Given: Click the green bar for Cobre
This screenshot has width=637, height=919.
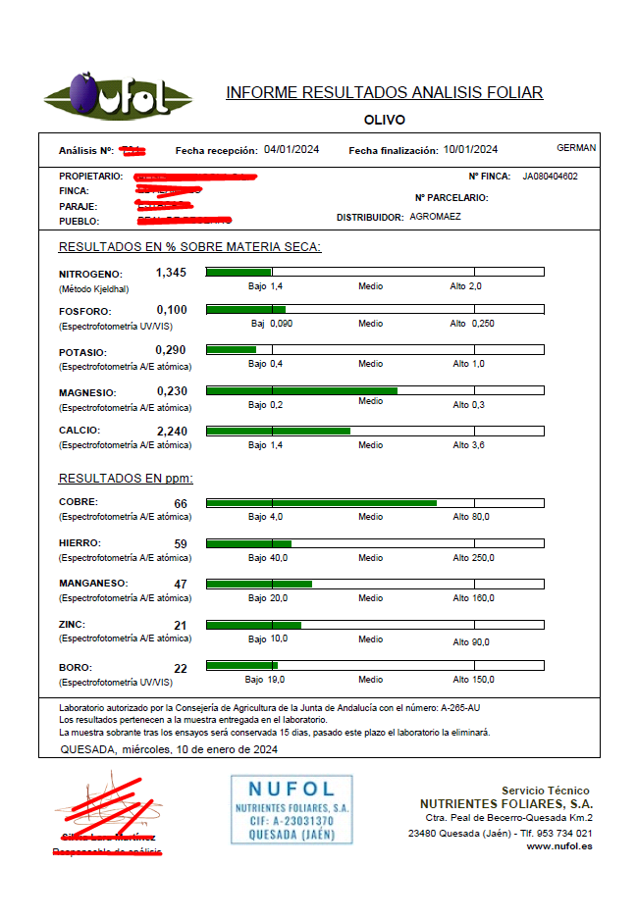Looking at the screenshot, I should click(321, 503).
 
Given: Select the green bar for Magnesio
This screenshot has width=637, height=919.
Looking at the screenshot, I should click(301, 390).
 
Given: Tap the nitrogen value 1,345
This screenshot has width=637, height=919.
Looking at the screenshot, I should click(171, 272).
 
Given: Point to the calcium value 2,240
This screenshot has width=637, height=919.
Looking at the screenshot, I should click(172, 431).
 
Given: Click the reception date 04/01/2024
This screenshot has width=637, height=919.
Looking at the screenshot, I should click(292, 150).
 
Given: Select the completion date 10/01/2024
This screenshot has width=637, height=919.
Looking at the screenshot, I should click(470, 150).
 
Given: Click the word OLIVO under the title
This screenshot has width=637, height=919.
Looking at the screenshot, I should click(384, 120).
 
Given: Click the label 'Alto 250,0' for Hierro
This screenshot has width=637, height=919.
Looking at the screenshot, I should click(473, 558).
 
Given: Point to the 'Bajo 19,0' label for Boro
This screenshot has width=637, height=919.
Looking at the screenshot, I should click(265, 679).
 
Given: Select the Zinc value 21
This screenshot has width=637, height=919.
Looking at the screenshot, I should click(181, 626).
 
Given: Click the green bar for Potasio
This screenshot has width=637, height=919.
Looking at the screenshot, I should click(231, 349).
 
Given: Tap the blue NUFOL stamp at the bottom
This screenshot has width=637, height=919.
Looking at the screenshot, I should click(292, 809).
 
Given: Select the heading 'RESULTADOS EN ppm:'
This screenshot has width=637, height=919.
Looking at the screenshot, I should click(126, 479).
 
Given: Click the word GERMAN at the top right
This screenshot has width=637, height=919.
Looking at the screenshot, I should click(575, 148).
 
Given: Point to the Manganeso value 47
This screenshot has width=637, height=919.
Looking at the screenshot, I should click(181, 585).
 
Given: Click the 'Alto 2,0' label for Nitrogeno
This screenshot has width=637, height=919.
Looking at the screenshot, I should click(465, 286).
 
